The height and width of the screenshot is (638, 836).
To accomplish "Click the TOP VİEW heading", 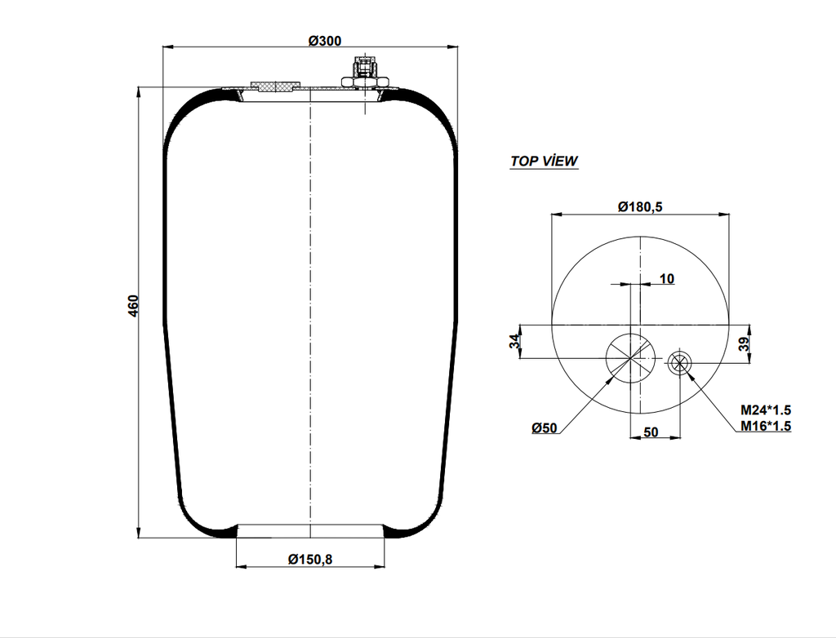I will tap(544, 161).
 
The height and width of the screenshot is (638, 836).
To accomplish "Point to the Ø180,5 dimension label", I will tap(639, 207).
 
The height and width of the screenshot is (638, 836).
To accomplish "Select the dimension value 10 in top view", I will tap(666, 279).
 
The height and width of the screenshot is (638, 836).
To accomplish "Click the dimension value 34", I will tap(514, 342).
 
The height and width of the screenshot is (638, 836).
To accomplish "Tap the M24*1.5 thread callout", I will tap(766, 410).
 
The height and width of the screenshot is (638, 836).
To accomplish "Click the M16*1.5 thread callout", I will tap(766, 426).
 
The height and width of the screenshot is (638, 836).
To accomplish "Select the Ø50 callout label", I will tap(544, 428).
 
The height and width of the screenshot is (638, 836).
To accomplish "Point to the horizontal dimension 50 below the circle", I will tap(651, 432).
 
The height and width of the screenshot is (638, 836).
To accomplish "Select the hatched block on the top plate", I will tap(273, 86).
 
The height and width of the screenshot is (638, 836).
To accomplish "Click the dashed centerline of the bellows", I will tap(311, 310).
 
